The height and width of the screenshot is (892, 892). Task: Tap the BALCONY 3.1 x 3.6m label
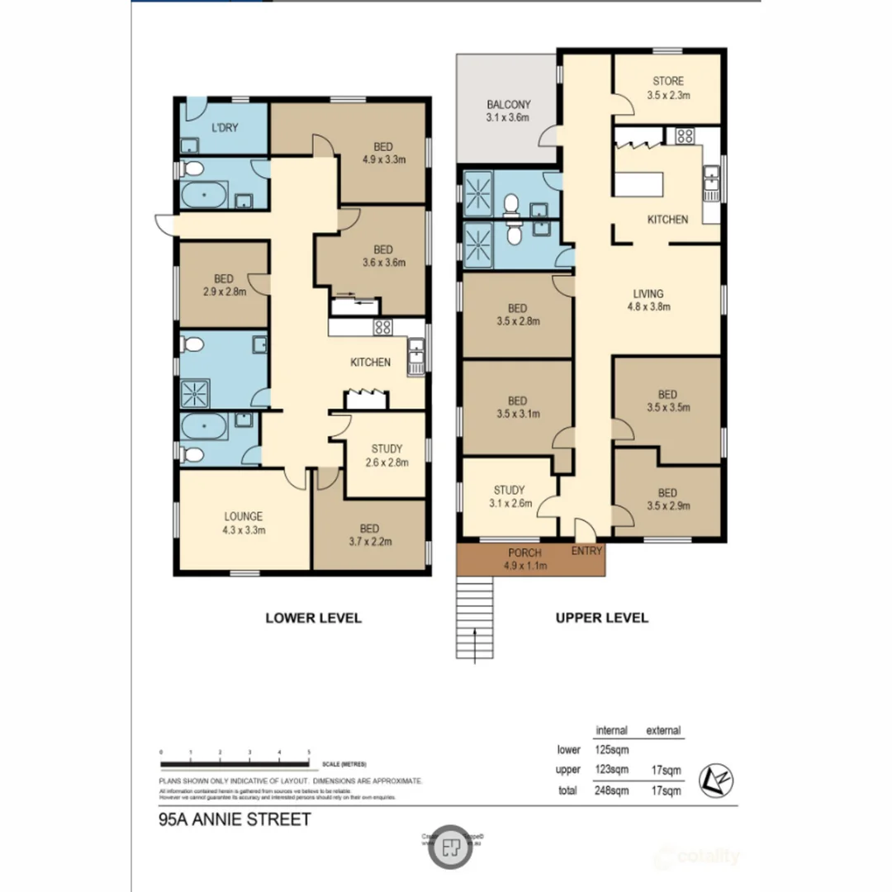click(x=508, y=111)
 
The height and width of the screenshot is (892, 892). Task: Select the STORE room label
click(x=668, y=88)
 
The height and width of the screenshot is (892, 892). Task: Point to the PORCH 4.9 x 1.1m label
click(x=524, y=558)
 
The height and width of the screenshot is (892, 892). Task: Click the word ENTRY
click(x=586, y=551)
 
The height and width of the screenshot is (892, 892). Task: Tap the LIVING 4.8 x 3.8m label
click(x=648, y=299)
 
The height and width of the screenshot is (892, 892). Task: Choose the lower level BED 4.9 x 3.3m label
click(x=382, y=153)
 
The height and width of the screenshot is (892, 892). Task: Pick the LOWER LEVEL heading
click(x=313, y=617)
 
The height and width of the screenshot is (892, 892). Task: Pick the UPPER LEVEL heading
click(x=601, y=617)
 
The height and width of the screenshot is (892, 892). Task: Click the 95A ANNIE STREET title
click(x=234, y=820)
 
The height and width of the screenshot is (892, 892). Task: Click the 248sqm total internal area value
click(x=611, y=790)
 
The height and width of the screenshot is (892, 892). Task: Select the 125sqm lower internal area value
click(x=611, y=750)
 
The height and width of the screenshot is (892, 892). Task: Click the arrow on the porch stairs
click(x=477, y=643)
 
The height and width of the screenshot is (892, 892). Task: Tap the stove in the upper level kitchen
click(x=685, y=136)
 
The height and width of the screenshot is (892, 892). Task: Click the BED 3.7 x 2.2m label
click(x=369, y=535)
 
